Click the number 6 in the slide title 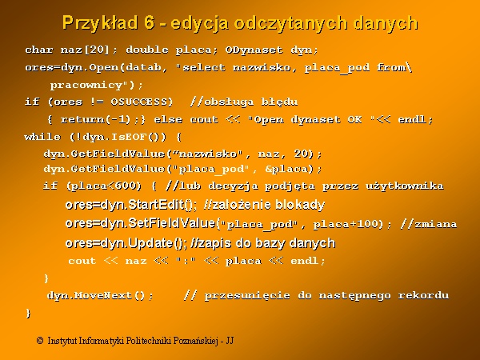pyautogui.click(x=148, y=22)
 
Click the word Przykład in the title pyautogui.click(x=100, y=23)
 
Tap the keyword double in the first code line pyautogui.click(x=147, y=50)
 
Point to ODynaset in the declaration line pyautogui.click(x=254, y=50)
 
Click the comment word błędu pyautogui.click(x=279, y=102)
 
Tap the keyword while pyautogui.click(x=42, y=137)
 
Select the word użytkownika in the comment pyautogui.click(x=404, y=186)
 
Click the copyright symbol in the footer pyautogui.click(x=40, y=341)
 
